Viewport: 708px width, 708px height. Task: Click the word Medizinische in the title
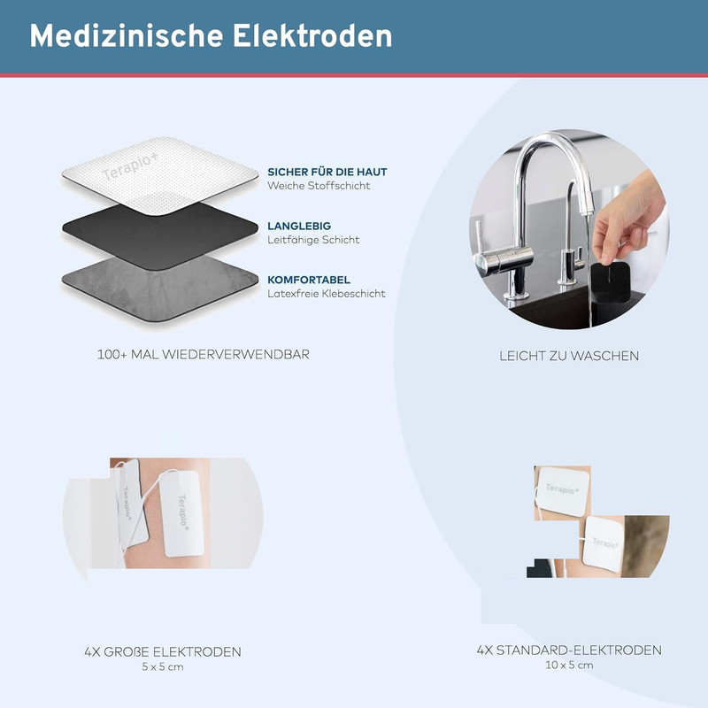tap(126, 35)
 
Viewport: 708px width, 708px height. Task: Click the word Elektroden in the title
tap(312, 35)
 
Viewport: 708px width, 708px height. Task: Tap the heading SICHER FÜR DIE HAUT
tap(327, 172)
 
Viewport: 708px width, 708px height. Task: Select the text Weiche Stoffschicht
tap(319, 186)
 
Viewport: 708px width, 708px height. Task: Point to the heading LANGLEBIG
tap(299, 227)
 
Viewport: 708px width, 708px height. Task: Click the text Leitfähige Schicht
tap(313, 240)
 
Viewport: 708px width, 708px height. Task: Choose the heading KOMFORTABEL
tap(309, 280)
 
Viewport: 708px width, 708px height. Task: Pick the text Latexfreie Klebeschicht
tap(327, 294)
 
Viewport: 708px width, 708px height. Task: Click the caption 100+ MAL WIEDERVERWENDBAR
tap(204, 355)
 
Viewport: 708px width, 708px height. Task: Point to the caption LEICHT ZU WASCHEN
tap(569, 356)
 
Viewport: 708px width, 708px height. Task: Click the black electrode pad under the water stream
tap(610, 282)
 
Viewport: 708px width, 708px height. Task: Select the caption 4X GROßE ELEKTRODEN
tap(163, 652)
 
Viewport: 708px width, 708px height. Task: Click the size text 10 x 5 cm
tap(569, 666)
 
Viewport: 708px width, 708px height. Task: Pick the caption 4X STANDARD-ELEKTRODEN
tap(569, 650)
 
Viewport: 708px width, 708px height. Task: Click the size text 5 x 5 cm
tap(163, 667)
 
